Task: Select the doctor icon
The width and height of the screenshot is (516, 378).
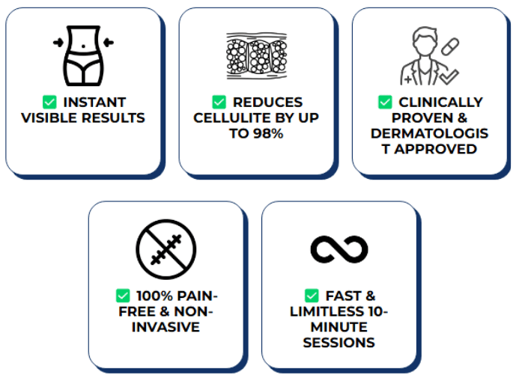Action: point(422,57)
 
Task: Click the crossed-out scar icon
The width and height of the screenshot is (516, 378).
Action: point(166,249)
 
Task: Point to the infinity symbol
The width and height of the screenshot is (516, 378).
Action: point(339,249)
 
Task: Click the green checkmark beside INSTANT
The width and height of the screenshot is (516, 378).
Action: point(49,102)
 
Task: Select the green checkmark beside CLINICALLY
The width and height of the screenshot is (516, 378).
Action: point(385,102)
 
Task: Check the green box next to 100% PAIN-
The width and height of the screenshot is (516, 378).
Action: point(123,296)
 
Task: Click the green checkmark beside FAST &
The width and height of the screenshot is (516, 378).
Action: point(312,296)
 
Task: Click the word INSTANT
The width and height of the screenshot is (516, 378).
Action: point(94,102)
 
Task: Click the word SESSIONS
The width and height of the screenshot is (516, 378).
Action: point(339,343)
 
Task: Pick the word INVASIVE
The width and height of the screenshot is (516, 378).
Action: point(166,327)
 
